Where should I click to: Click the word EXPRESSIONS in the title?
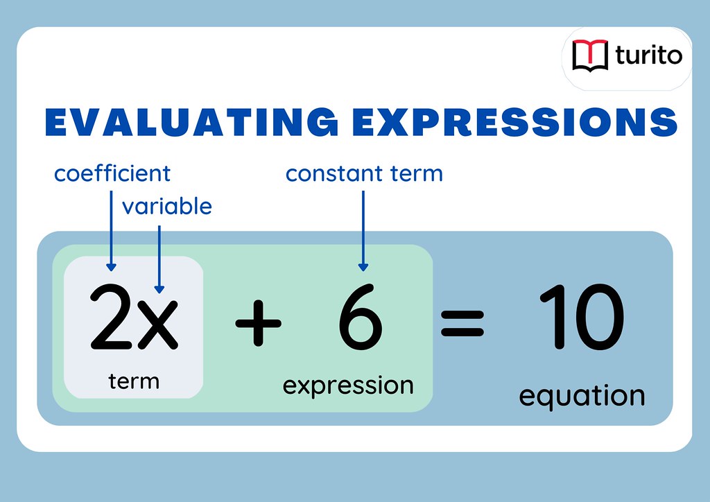point(514,121)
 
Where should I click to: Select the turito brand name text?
point(648,55)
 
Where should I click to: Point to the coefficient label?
point(112,173)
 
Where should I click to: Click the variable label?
point(167,206)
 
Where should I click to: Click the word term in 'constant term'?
point(416,173)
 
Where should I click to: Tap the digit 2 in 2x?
point(114,320)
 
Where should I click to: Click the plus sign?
point(258,323)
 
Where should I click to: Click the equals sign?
point(462,323)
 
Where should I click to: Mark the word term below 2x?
point(134,381)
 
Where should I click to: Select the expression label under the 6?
point(348,384)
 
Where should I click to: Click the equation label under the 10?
point(582,396)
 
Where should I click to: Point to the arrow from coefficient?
point(111,229)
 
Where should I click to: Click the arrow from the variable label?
point(159,257)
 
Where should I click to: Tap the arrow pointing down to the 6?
point(363,229)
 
